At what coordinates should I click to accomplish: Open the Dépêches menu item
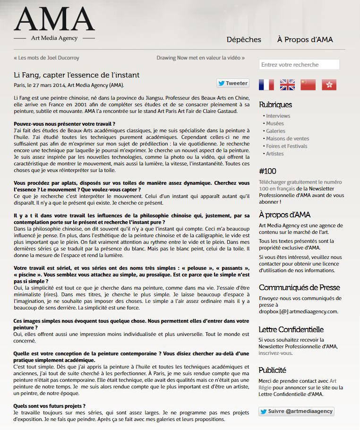[244, 40]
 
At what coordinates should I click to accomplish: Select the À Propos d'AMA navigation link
[305, 40]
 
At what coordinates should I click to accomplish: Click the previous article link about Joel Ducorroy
[47, 58]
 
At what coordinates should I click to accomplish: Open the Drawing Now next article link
[200, 58]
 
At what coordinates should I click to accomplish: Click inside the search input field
[299, 65]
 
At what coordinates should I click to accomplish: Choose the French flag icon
[266, 85]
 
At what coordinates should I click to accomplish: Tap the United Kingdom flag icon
[287, 85]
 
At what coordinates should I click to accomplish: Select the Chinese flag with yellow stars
[308, 85]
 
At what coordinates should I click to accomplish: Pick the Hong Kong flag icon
[329, 85]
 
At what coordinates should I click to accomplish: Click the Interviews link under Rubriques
[278, 116]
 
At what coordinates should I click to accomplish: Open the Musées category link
[275, 123]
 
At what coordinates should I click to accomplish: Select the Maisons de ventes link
[287, 138]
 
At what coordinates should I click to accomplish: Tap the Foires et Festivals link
[286, 146]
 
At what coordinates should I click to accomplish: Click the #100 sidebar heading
[267, 171]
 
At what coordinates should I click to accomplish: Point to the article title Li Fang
[77, 75]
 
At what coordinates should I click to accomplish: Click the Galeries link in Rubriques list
[275, 131]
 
